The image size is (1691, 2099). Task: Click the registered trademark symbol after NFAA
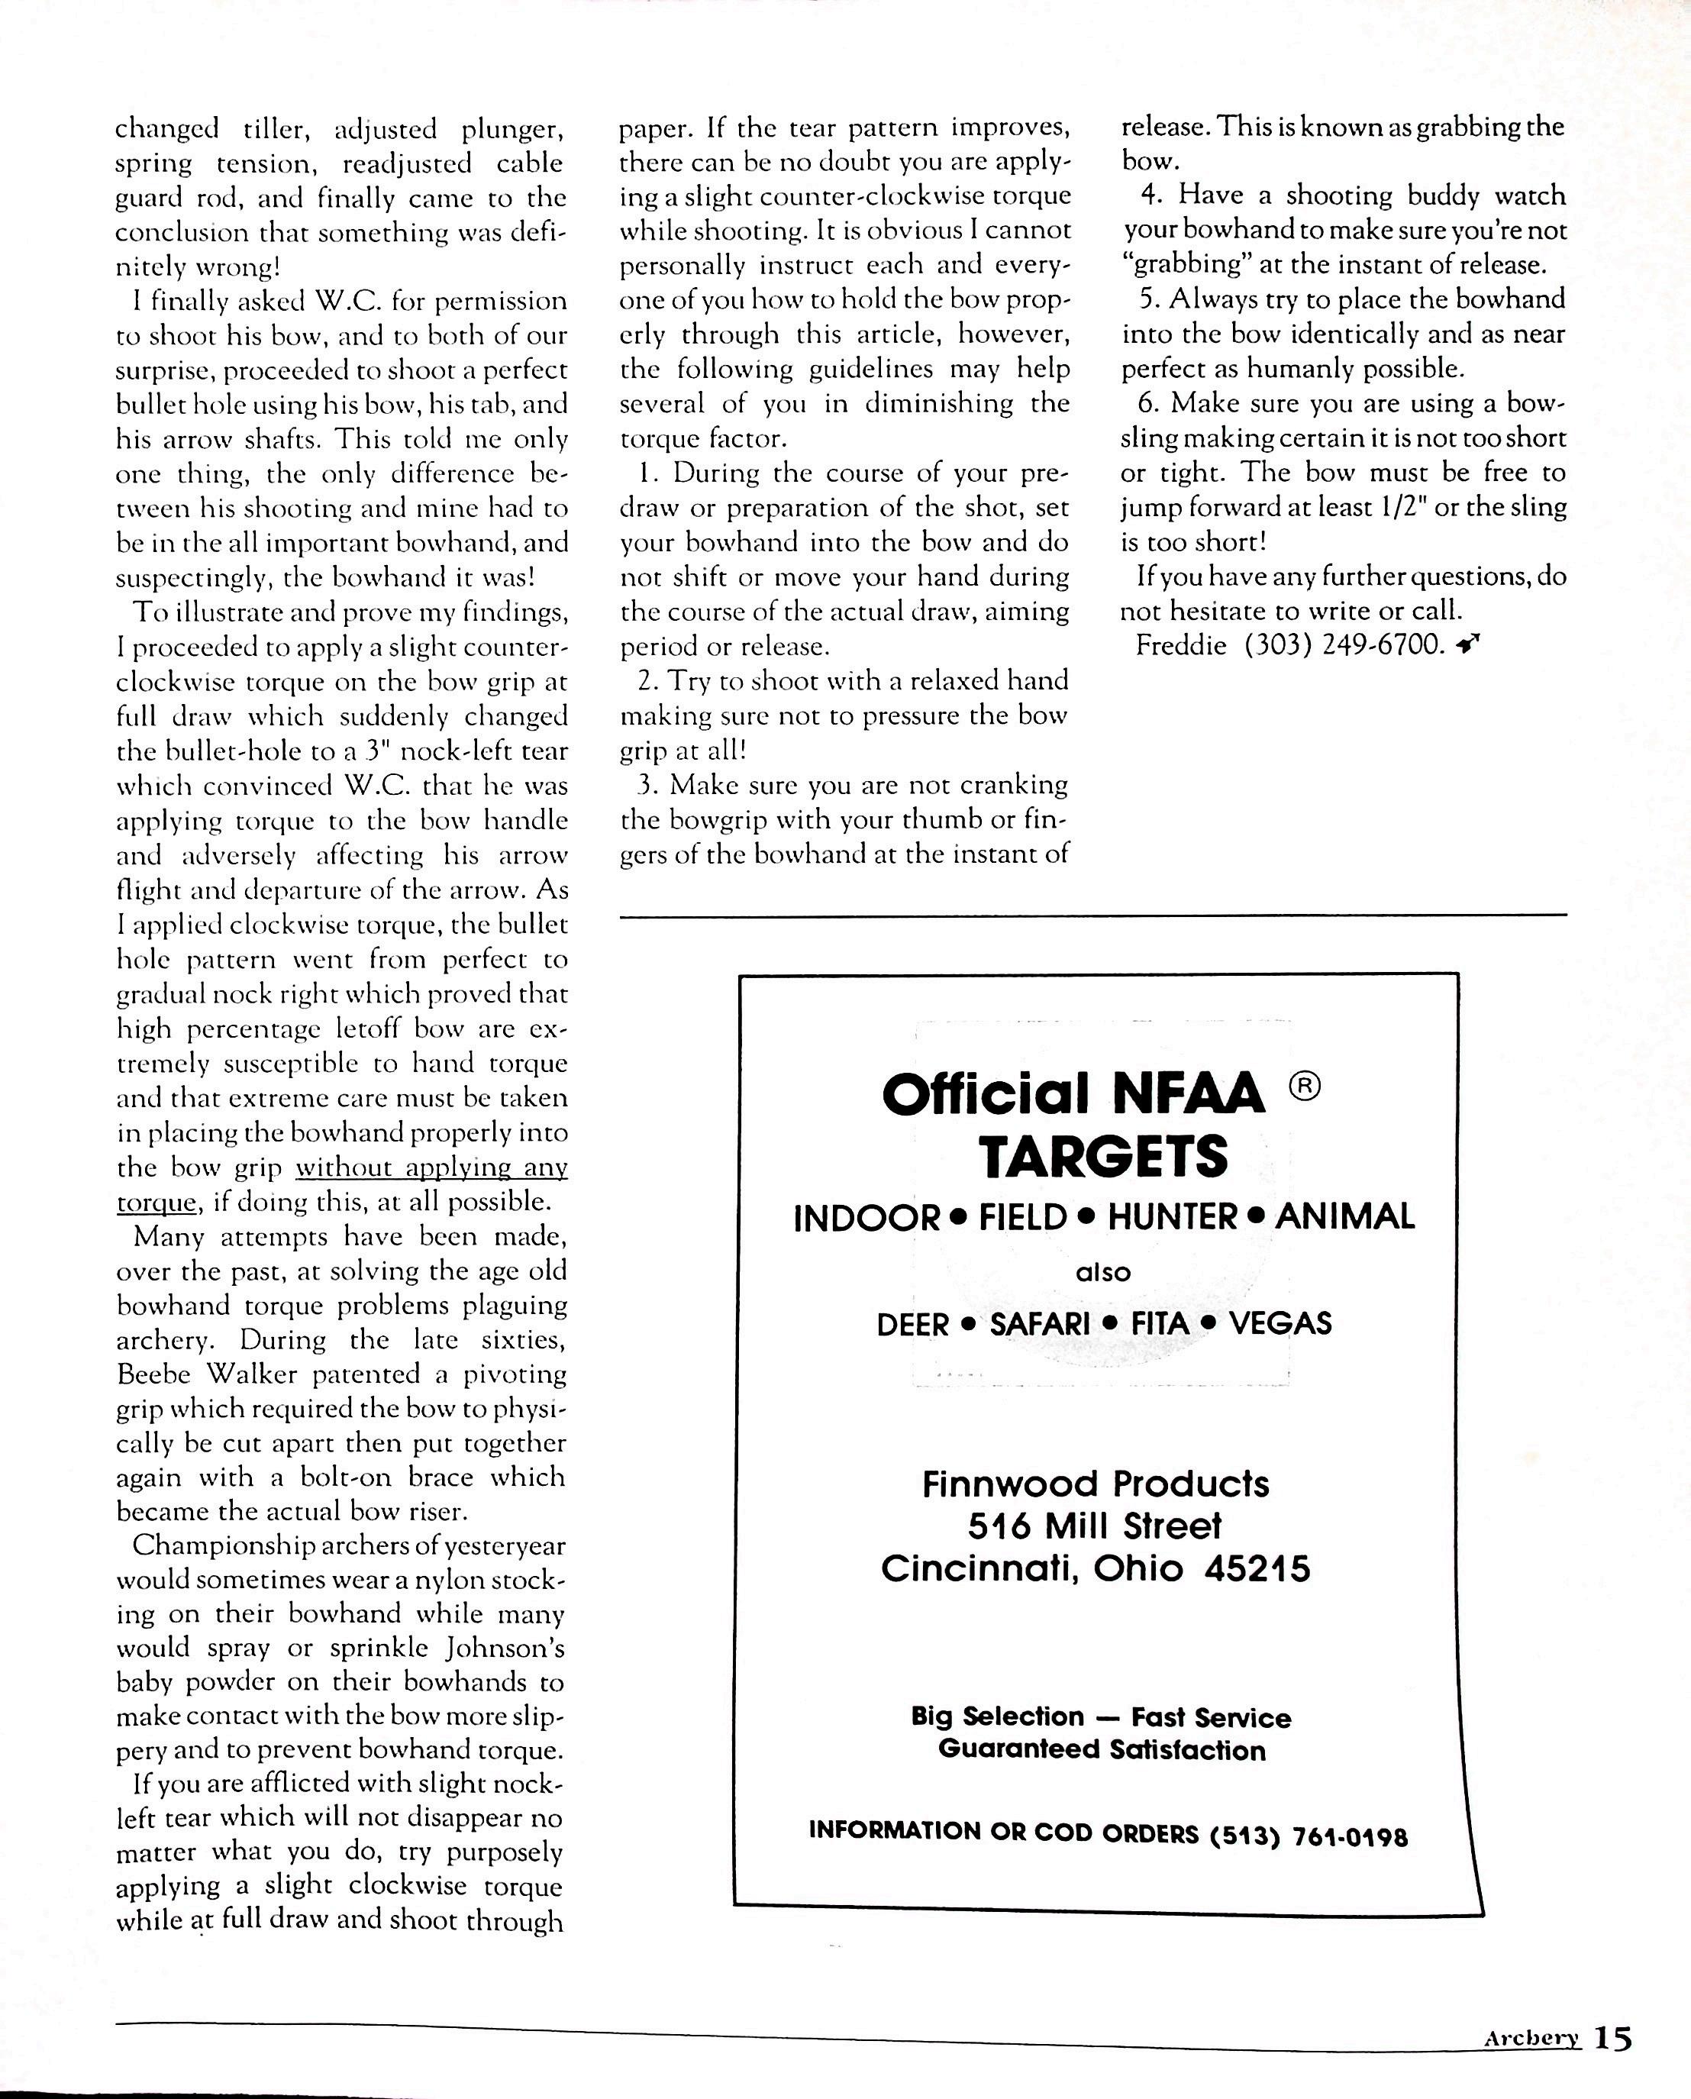tap(1305, 1085)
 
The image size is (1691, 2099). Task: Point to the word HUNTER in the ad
tap(1172, 1218)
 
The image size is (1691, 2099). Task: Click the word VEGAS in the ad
tap(1280, 1324)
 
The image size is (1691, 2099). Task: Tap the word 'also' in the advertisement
tap(1102, 1272)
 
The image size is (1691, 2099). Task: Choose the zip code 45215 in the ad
tap(1257, 1568)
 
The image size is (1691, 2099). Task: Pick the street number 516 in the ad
tap(999, 1526)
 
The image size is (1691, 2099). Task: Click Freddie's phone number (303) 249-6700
tap(1345, 646)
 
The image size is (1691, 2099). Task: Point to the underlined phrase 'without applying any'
tap(431, 1167)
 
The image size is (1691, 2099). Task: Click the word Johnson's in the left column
tap(506, 1648)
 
